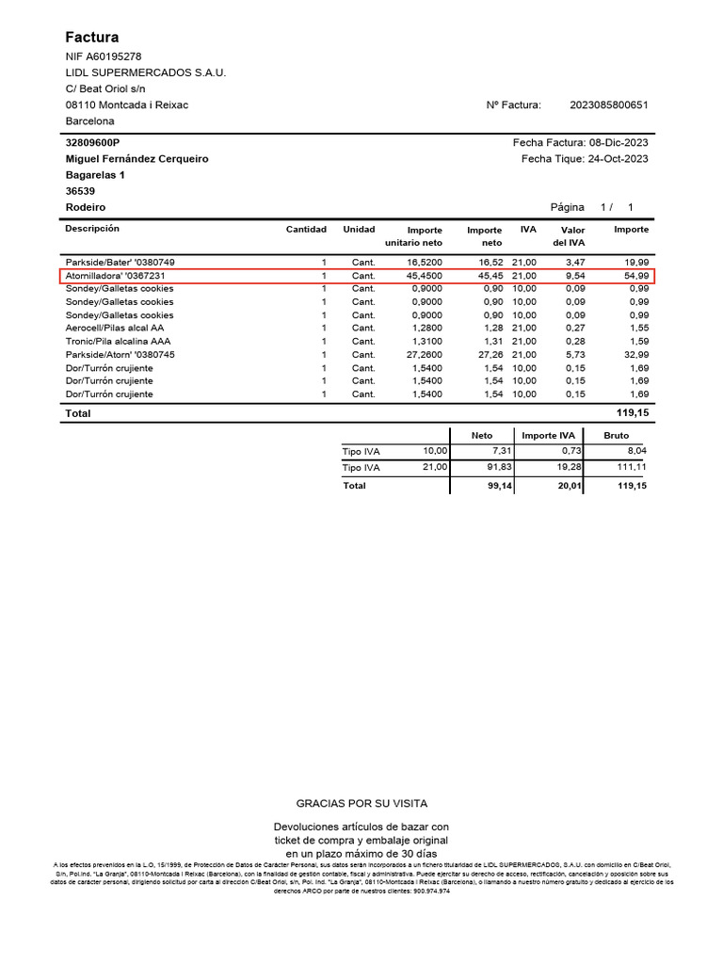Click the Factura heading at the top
[92, 38]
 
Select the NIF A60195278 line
[104, 56]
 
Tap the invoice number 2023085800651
[609, 105]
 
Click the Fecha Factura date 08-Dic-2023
[619, 142]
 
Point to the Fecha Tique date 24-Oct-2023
[619, 159]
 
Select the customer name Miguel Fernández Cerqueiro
[137, 159]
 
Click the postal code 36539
[81, 191]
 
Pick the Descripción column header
[92, 229]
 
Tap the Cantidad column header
[306, 230]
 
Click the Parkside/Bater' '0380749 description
[120, 262]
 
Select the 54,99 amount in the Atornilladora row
[635, 275]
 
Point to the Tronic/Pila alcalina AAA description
[118, 341]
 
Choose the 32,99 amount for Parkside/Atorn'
[635, 354]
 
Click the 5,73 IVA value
[573, 354]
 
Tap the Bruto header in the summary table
[617, 435]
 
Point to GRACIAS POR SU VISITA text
[361, 803]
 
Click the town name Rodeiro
[86, 207]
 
